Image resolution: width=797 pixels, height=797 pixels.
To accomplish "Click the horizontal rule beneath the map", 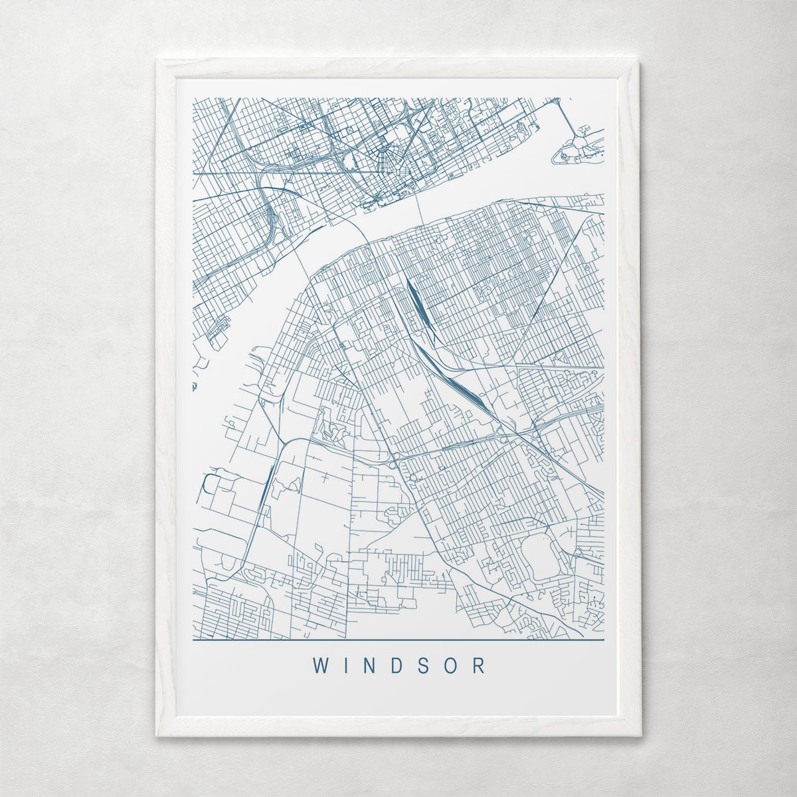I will (398, 640).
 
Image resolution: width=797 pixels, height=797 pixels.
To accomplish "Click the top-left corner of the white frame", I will (157, 60).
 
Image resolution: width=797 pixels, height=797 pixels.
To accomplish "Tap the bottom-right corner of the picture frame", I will (641, 736).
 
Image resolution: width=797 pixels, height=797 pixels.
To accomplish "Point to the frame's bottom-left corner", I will (157, 736).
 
